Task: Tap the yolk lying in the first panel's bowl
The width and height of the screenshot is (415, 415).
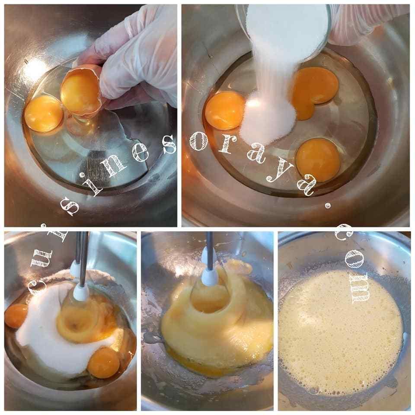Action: tap(44, 113)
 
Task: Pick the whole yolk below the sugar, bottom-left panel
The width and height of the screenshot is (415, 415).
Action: tap(103, 363)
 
